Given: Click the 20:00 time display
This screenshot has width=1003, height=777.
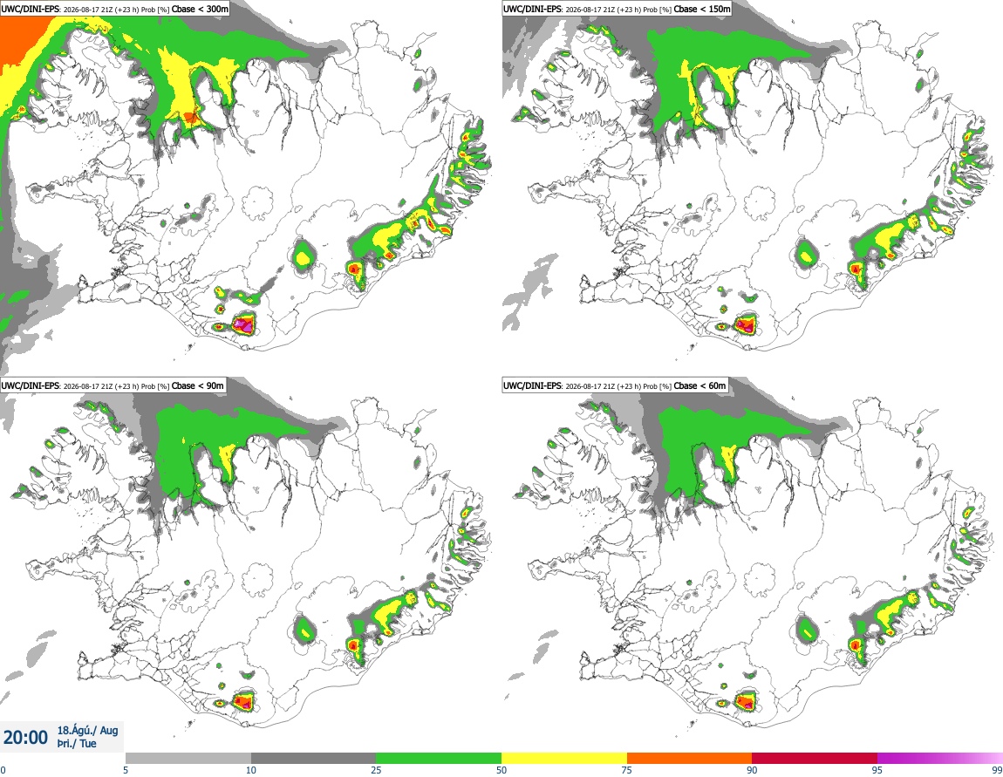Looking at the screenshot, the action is click(x=25, y=738).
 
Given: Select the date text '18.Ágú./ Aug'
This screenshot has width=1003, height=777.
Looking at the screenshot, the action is click(x=87, y=730).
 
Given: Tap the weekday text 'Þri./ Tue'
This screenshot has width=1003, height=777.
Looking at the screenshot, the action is click(x=77, y=744).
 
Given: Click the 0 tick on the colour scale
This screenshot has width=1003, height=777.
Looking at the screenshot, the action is click(x=3, y=770).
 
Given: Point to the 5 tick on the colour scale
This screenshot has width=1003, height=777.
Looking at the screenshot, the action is click(x=126, y=770).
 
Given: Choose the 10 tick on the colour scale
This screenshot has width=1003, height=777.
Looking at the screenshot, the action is click(x=251, y=770).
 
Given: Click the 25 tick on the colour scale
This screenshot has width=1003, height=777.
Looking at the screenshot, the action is click(x=376, y=770).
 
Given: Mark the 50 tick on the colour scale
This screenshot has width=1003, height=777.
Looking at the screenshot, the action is click(x=501, y=770).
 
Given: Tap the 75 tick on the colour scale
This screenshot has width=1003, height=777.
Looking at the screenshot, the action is click(x=627, y=770).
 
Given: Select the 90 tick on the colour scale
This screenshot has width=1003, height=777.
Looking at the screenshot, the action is click(x=752, y=770).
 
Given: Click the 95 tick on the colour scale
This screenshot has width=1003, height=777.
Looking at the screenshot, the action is click(x=877, y=770).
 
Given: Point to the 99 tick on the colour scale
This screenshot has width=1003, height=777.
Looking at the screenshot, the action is click(x=997, y=770).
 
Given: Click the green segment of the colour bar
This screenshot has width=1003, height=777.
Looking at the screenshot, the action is click(x=439, y=759).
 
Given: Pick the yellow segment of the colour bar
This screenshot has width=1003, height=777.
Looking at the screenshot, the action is click(x=564, y=759).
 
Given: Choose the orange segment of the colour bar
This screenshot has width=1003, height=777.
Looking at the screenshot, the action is click(x=690, y=759).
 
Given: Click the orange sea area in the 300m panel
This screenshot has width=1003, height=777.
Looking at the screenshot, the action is click(x=18, y=38).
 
